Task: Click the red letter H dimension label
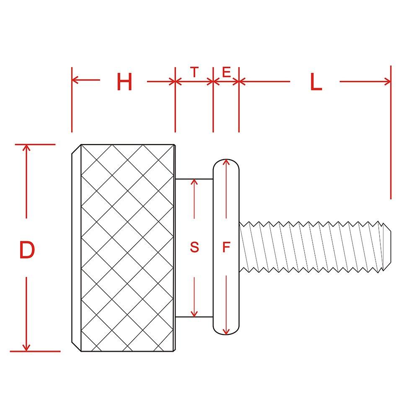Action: [x=124, y=82]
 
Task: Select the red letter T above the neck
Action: [x=194, y=72]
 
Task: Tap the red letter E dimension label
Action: [x=226, y=72]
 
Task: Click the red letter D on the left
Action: [x=27, y=250]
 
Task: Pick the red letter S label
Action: [x=194, y=248]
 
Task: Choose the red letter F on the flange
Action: [x=226, y=248]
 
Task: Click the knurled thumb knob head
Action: [x=126, y=247]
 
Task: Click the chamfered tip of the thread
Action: [x=388, y=247]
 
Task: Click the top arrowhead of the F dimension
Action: [x=226, y=163]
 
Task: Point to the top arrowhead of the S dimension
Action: [x=194, y=182]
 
